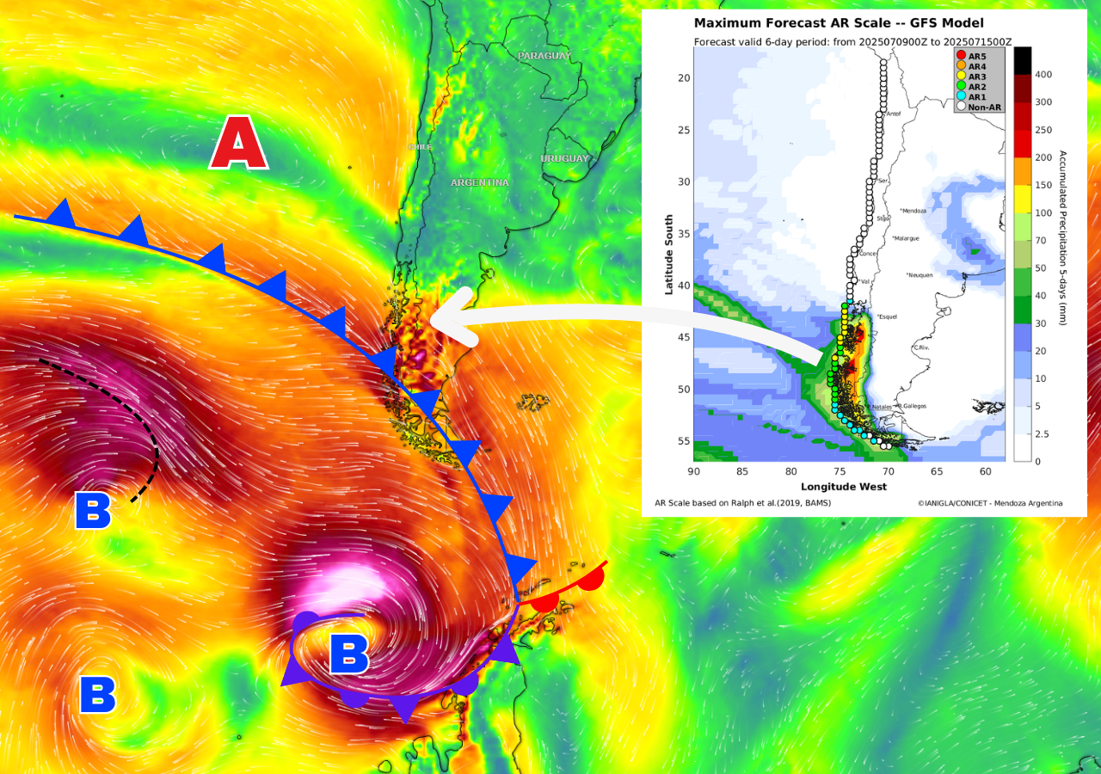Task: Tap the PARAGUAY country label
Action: coord(544,56)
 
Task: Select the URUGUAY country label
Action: coord(564,158)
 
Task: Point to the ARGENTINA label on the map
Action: coord(479,182)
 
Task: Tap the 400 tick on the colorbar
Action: coord(1043,75)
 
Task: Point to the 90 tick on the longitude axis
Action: coord(694,471)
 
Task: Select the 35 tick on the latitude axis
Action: coord(685,234)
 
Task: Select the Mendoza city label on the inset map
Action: coord(917,211)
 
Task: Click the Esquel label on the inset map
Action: coord(888,316)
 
